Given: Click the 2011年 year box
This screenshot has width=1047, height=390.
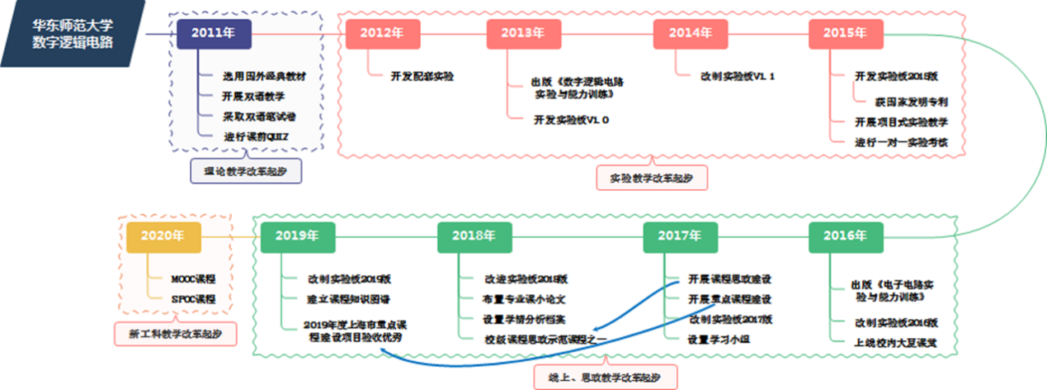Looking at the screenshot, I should (x=214, y=34).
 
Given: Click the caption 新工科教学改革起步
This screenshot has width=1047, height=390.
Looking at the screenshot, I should (x=173, y=334).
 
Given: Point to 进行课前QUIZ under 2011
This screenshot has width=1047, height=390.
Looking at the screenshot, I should (x=257, y=136).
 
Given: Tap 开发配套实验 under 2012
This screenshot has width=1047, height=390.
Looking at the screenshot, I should (x=422, y=77).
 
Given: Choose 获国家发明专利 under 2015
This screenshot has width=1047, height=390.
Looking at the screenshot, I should (x=911, y=102).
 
